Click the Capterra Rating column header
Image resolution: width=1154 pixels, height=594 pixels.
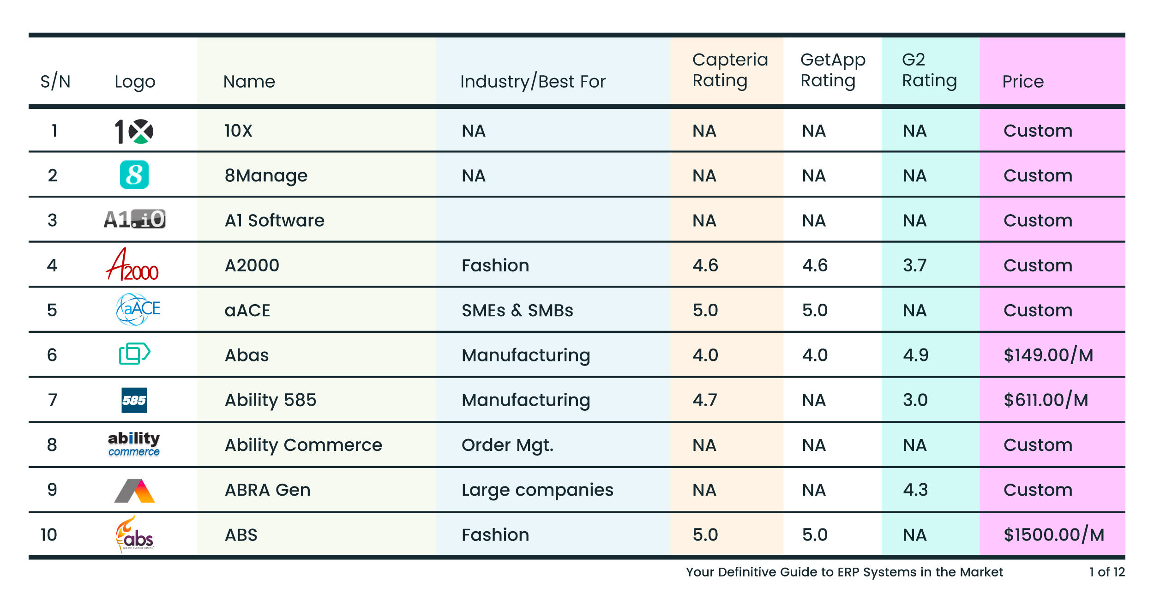729,70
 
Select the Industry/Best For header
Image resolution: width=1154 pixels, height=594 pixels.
533,82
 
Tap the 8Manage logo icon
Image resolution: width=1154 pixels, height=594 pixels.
134,175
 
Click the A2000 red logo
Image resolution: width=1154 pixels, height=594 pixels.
132,265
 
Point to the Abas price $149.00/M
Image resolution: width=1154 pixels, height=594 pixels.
1048,355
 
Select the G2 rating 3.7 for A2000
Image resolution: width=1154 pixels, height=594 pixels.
914,265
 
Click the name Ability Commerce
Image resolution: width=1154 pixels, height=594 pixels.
303,445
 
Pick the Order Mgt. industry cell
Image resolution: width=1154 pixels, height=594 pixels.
507,445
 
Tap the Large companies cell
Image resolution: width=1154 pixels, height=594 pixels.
537,490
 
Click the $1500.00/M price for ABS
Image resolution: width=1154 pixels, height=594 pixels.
1054,534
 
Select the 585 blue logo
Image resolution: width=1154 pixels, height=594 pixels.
134,400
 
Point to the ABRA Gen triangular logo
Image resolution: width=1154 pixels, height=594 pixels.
134,491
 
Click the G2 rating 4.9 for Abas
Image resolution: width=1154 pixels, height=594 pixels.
915,355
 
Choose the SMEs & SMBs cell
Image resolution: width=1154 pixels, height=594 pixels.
517,310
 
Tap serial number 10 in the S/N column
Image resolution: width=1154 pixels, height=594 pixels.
49,534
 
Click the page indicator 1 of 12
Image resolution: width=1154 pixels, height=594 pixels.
1106,572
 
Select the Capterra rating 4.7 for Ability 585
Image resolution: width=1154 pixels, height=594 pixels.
704,400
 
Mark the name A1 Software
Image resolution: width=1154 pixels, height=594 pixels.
274,221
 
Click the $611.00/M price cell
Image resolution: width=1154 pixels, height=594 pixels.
1046,400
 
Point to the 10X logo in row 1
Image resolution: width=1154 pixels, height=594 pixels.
134,132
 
